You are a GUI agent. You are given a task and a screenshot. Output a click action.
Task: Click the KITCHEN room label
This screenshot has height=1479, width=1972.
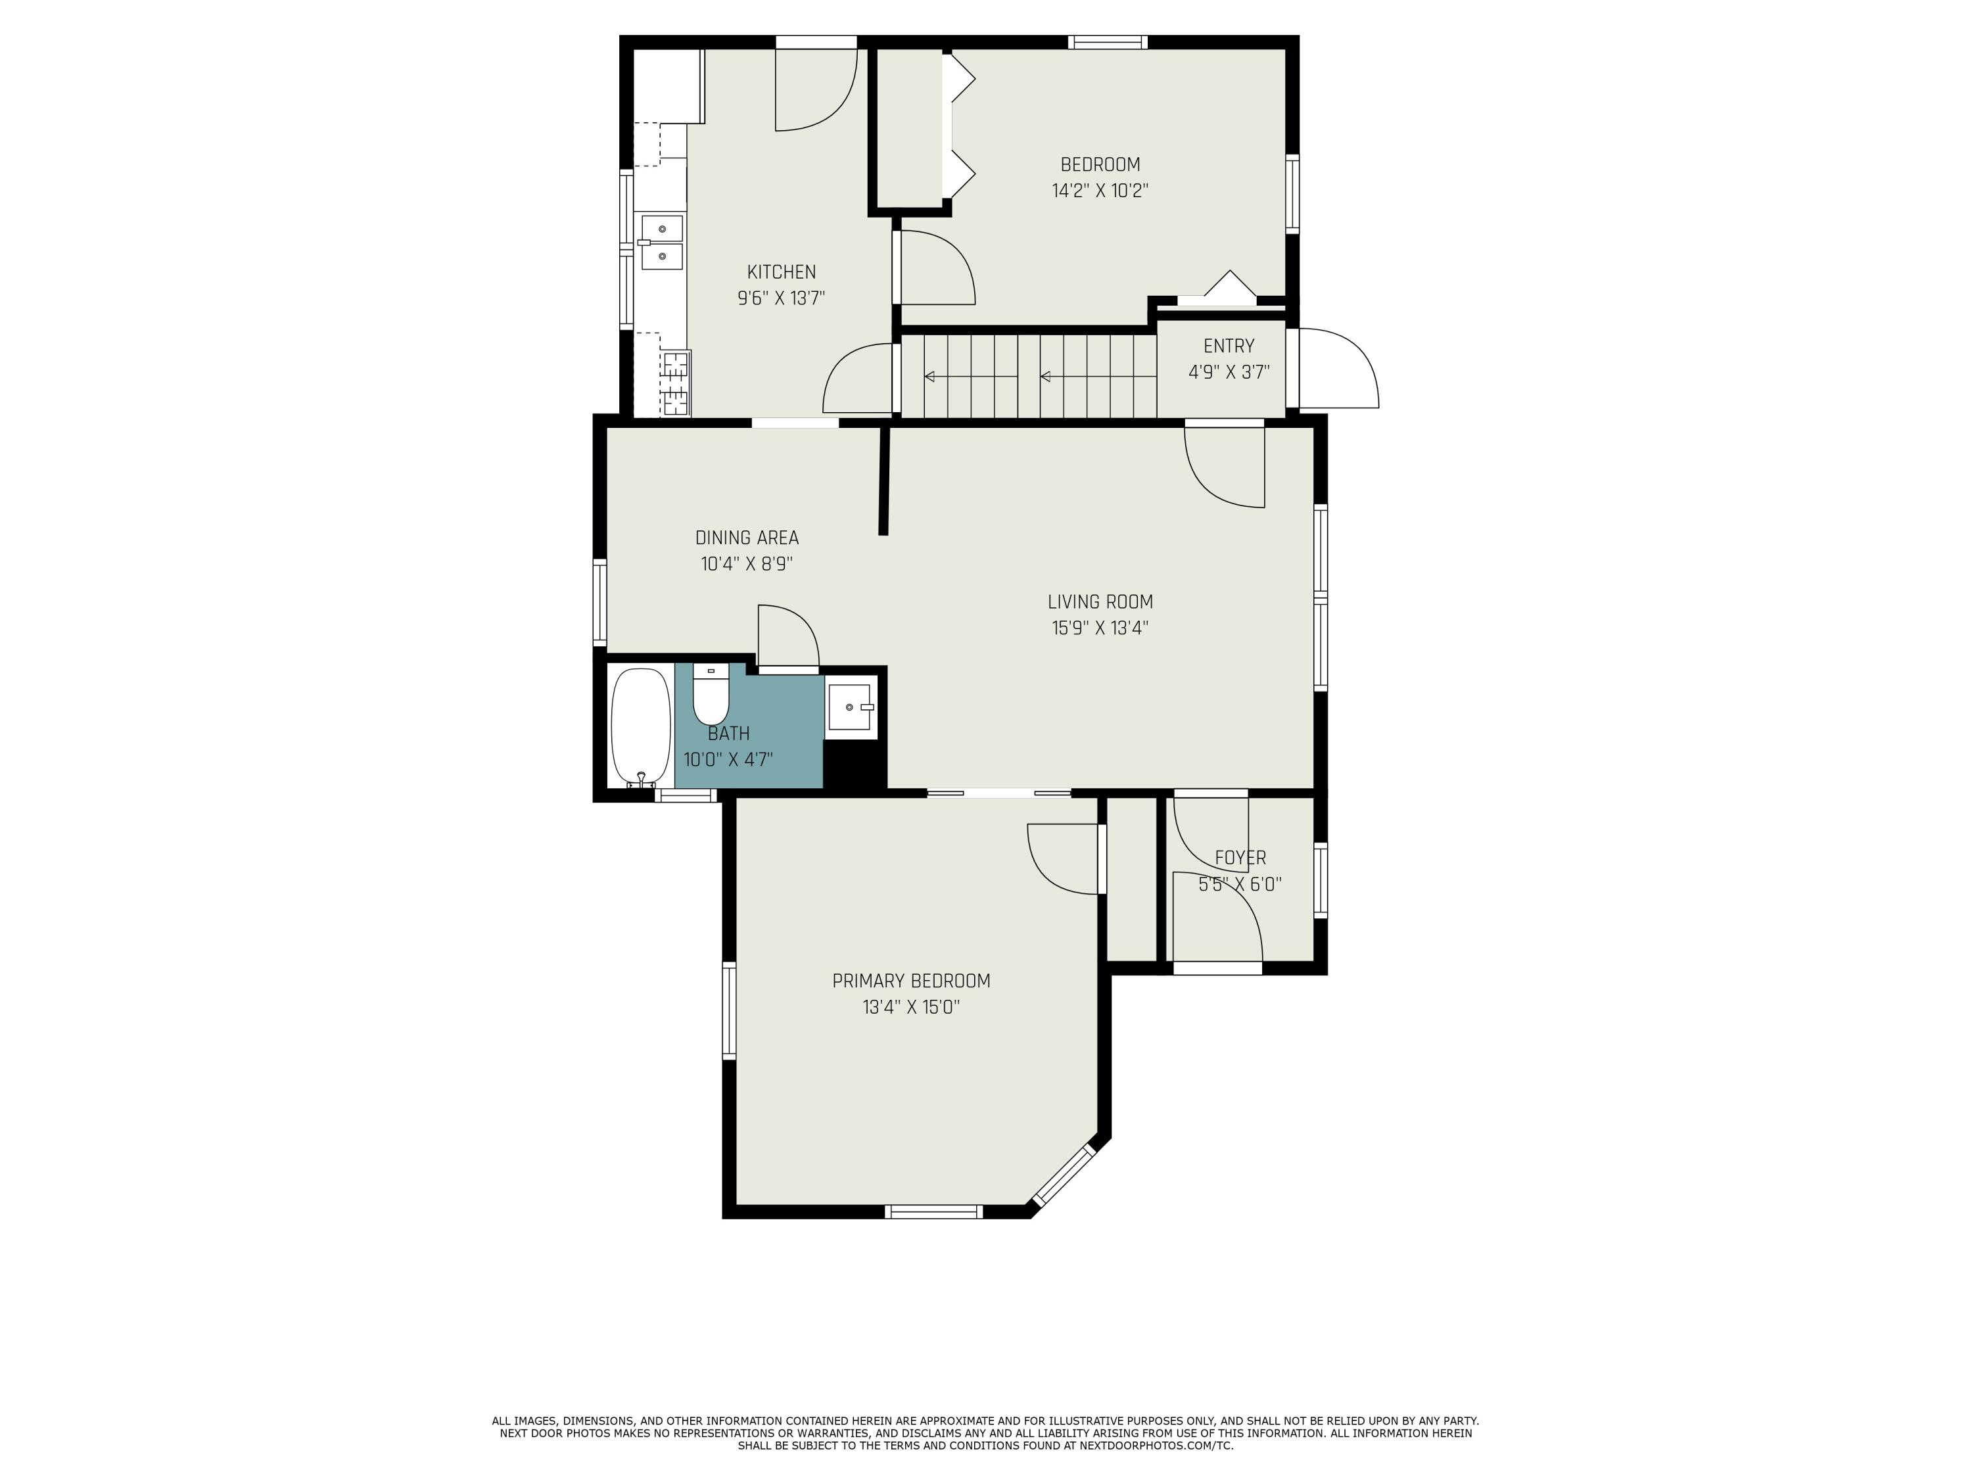[781, 272]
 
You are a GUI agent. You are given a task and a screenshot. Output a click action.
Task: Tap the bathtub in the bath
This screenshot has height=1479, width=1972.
[640, 726]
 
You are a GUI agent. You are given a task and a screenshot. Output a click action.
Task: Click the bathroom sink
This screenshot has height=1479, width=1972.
[851, 707]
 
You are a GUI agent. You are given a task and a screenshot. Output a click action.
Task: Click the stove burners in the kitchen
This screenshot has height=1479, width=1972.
[676, 383]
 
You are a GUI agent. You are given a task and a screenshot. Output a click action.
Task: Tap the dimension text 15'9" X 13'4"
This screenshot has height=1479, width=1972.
[1099, 628]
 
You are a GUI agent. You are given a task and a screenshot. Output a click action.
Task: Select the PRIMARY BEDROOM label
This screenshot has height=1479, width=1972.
[911, 981]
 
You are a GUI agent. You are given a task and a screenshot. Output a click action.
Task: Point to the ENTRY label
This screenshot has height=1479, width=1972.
[1229, 346]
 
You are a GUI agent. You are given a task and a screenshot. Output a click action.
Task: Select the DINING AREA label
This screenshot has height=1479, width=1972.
[746, 538]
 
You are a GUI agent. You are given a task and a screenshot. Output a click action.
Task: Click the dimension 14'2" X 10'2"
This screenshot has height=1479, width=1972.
[1099, 191]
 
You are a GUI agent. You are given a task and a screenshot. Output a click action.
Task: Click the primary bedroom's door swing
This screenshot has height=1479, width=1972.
[1063, 858]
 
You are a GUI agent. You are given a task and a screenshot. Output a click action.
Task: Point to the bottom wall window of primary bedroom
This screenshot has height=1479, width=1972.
[933, 1211]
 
